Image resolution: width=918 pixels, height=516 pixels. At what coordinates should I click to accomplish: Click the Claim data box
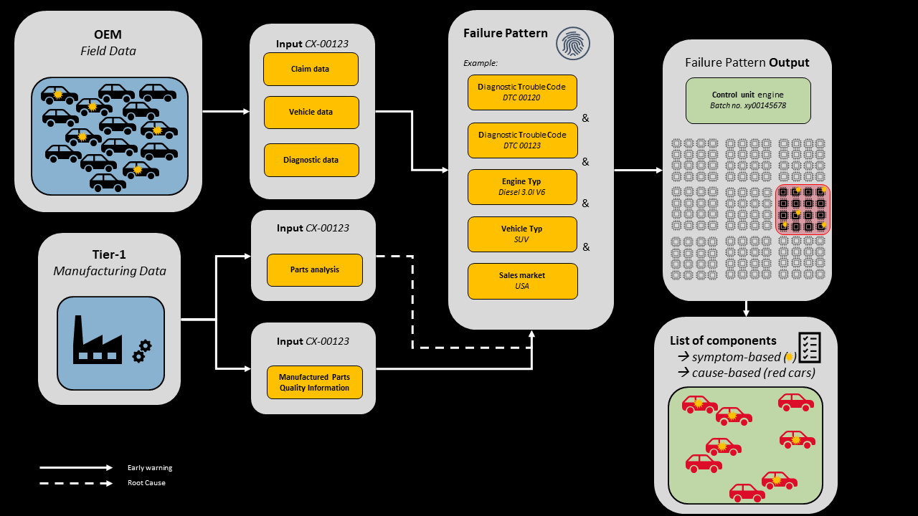tap(311, 69)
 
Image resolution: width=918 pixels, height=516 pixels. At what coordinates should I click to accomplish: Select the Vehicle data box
tap(311, 112)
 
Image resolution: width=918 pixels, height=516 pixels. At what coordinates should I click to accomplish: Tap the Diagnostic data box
tap(311, 160)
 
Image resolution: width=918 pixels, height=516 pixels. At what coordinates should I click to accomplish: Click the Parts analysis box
tap(314, 269)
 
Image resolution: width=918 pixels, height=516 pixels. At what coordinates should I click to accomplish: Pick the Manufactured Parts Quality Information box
tap(314, 383)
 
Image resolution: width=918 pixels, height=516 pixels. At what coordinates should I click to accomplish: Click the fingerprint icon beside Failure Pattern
tap(574, 44)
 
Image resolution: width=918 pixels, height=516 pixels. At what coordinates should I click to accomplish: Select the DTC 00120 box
tap(522, 92)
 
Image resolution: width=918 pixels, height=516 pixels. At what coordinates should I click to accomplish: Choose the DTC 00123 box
tap(522, 140)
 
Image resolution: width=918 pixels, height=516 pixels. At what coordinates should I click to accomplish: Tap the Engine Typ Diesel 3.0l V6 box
tap(522, 187)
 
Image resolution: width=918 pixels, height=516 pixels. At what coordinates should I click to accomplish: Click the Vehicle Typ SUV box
tap(522, 234)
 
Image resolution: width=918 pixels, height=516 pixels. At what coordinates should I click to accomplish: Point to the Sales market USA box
tap(522, 281)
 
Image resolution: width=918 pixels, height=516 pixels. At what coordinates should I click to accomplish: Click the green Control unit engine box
tap(748, 100)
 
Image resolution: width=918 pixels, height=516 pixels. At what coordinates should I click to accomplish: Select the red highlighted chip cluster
tap(803, 209)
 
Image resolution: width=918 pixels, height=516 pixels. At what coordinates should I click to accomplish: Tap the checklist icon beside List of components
tap(809, 347)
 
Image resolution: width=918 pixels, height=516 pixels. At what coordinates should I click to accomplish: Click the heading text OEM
tap(108, 34)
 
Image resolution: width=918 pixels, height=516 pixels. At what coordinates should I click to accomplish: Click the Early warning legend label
tap(150, 468)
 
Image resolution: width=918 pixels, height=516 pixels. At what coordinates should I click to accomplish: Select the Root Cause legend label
tap(146, 483)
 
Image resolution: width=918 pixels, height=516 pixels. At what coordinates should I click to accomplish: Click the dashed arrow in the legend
tap(76, 483)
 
